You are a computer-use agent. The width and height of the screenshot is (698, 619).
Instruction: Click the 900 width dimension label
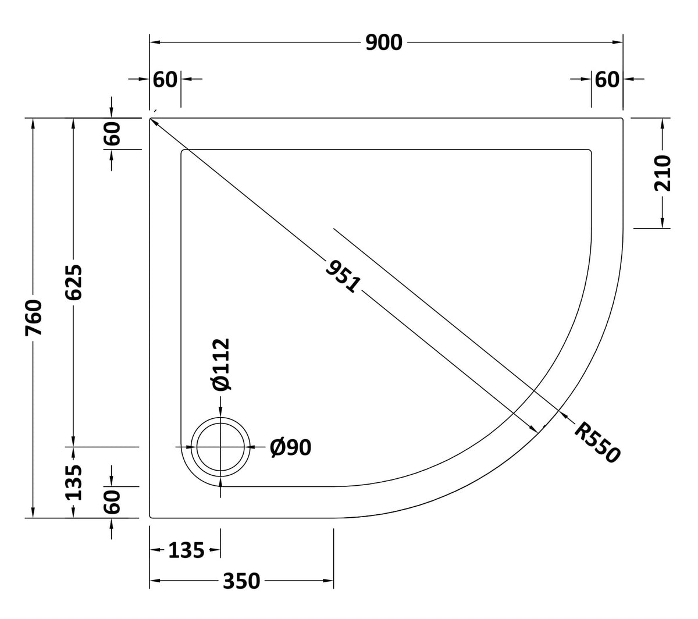(x=383, y=42)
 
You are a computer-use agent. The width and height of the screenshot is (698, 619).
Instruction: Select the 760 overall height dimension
(x=34, y=318)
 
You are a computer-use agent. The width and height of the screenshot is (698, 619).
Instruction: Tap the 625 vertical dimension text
(x=74, y=282)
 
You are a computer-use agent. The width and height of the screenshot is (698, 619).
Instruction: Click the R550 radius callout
(x=597, y=442)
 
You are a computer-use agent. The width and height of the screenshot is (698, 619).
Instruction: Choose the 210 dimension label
(x=662, y=173)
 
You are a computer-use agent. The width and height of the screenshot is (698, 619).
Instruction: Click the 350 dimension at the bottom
(x=241, y=581)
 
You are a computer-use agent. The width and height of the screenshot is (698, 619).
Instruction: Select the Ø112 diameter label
(x=221, y=365)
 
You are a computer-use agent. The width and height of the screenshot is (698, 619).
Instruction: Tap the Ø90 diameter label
(x=290, y=447)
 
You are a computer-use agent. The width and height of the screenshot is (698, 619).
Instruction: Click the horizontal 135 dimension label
(x=186, y=550)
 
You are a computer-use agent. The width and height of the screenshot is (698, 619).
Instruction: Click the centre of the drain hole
(x=220, y=447)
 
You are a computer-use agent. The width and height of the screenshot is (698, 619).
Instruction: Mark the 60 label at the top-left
(x=165, y=80)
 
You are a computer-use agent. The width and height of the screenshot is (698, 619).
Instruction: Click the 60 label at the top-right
(x=607, y=80)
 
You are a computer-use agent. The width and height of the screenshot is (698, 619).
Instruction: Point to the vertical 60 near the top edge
(x=112, y=133)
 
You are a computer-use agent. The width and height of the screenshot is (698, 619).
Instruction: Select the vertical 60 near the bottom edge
(x=112, y=502)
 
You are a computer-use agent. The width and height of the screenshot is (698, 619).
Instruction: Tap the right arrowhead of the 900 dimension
(x=618, y=42)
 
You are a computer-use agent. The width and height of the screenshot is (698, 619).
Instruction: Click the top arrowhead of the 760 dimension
(x=33, y=123)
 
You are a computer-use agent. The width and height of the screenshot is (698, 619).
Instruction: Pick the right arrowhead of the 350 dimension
(x=328, y=581)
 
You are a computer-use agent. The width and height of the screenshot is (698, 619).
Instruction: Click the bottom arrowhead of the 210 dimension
(x=662, y=223)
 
